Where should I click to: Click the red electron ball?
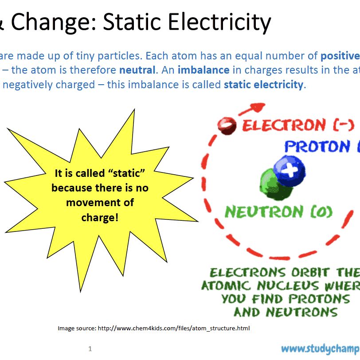coord(227,125)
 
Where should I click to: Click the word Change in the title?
coord(53,22)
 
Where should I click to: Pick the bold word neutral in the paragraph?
coord(137,70)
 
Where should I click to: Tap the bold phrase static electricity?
coord(264,84)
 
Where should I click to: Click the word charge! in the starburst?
coord(100,218)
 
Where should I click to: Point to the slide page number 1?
coord(90,349)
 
